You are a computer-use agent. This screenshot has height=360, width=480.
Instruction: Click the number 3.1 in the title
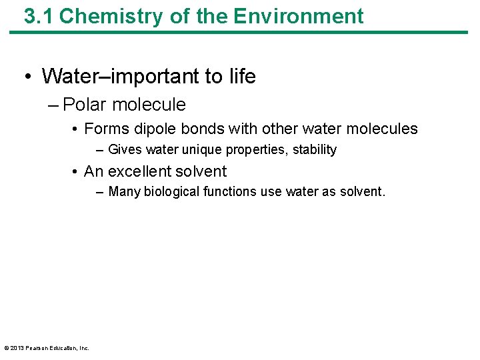tap(38, 16)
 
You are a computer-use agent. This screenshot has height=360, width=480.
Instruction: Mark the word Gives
tap(125, 150)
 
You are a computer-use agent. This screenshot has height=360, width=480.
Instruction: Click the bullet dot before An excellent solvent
tap(77, 172)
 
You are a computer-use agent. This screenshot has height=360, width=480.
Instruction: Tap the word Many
tap(124, 192)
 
